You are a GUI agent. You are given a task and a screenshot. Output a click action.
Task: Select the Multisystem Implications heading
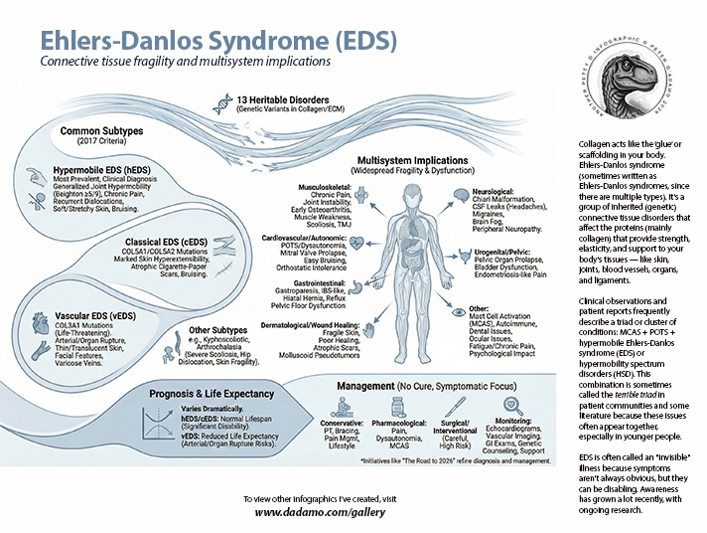(415, 159)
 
